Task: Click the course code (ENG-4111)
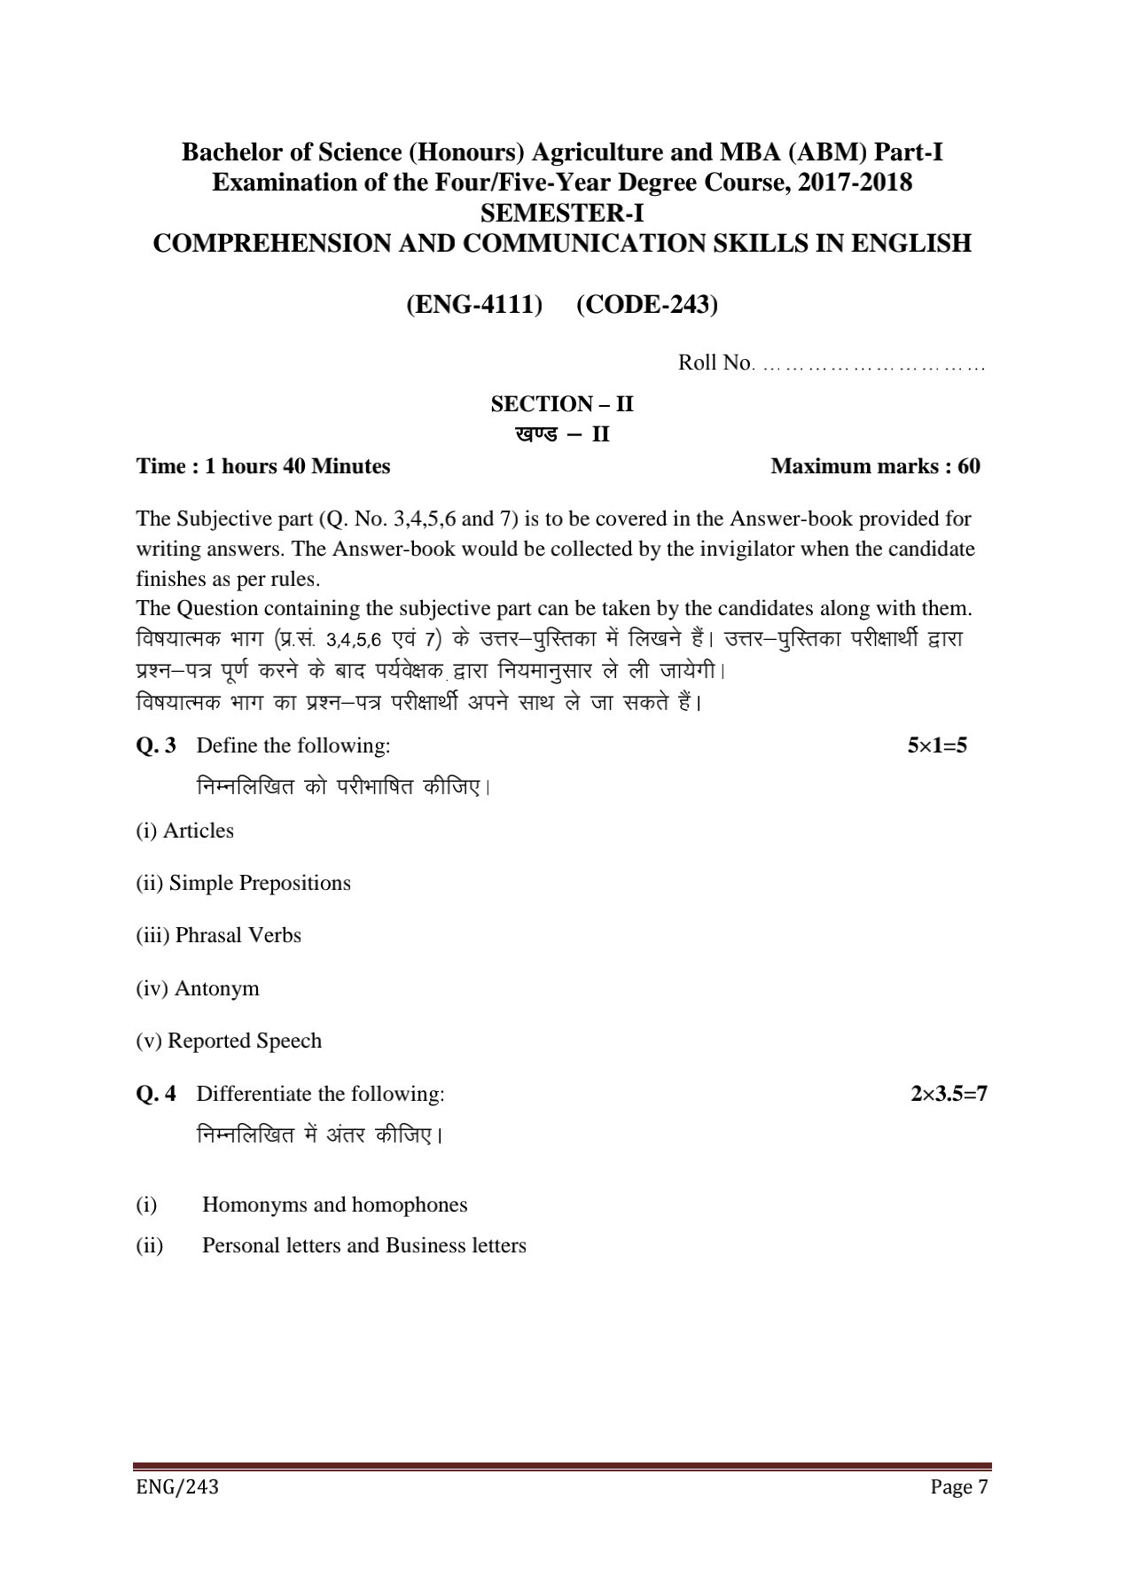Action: point(474,305)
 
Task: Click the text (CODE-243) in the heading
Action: point(646,305)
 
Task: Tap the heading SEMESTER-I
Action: point(561,214)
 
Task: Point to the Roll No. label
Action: point(715,363)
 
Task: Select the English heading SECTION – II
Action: point(562,405)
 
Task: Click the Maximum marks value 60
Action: point(968,467)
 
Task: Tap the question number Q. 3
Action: point(156,745)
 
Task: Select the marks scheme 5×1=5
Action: point(937,745)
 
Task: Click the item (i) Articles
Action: point(184,831)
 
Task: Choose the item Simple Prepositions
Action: point(259,884)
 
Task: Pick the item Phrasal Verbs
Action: point(238,936)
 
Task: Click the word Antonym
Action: point(216,988)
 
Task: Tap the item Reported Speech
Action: point(244,1041)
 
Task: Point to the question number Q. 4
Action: point(156,1094)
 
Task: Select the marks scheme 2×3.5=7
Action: point(949,1094)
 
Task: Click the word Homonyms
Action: point(254,1205)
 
